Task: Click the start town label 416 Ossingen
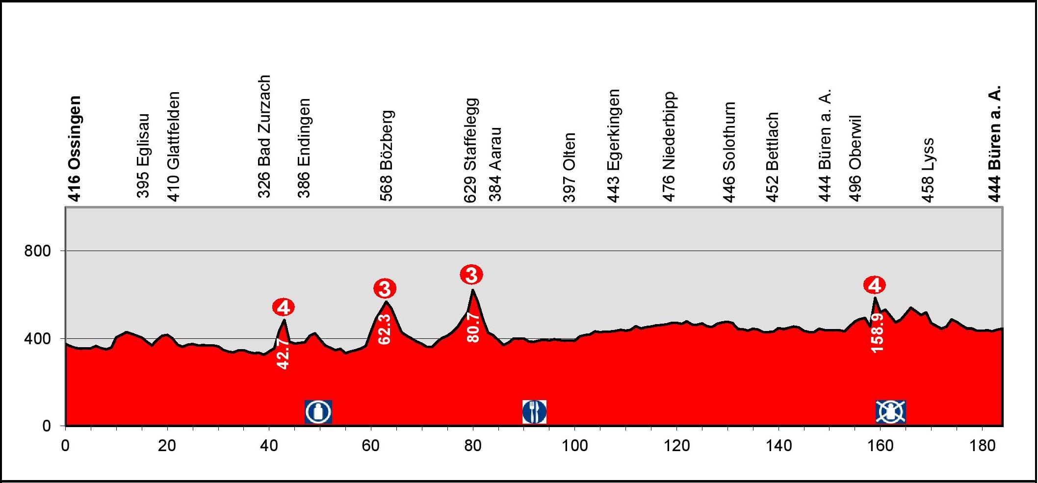pos(74,149)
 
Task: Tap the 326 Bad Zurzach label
pos(264,136)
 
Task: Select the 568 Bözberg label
pos(387,155)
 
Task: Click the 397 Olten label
pos(569,167)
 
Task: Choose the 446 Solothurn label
pos(729,152)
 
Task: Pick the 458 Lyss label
pos(928,170)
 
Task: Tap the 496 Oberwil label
pos(856,158)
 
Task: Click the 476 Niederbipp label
pos(669,147)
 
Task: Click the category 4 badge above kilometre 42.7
pos(284,308)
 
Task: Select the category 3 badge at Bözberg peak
pos(385,289)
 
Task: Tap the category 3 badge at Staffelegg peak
pos(471,275)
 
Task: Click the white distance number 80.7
pos(473,327)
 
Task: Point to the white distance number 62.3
pos(385,329)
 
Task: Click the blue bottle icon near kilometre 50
pos(318,412)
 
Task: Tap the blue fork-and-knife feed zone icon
pos(534,412)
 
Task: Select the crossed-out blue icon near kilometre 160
pos(891,412)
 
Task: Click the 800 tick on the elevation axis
pos(38,251)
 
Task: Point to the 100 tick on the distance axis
pos(574,445)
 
